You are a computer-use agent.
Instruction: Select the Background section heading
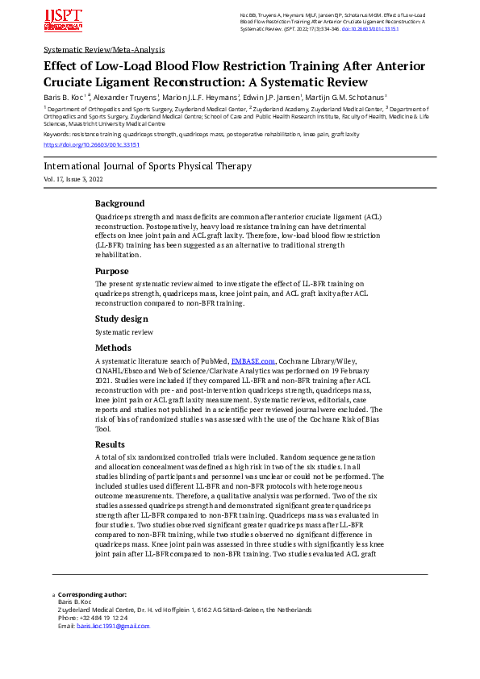119,203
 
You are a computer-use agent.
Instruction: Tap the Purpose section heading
112,271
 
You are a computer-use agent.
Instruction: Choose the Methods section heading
115,348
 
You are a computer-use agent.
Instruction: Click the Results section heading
111,444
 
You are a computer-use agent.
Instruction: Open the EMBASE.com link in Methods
253,361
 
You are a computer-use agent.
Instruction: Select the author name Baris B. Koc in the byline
63,97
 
